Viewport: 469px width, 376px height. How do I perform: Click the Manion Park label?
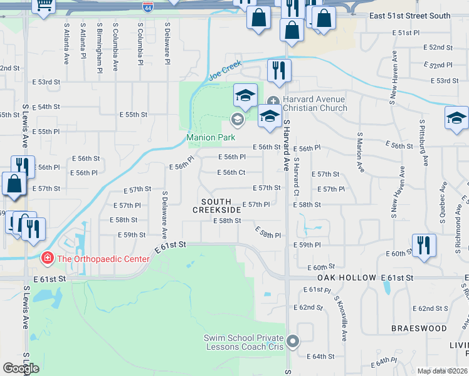pos(210,137)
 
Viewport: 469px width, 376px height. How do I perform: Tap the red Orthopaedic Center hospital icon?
pos(46,258)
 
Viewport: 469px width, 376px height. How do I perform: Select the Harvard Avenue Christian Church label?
pos(315,103)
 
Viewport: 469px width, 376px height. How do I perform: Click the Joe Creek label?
pos(224,70)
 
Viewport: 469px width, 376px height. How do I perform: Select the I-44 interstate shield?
pos(147,8)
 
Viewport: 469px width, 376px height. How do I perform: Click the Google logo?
pos(21,368)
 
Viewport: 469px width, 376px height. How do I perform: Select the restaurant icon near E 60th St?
pos(424,245)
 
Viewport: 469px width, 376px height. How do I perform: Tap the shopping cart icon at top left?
pos(44,5)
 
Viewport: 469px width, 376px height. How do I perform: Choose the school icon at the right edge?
pos(456,118)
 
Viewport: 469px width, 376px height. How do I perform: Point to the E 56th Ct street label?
pos(231,172)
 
